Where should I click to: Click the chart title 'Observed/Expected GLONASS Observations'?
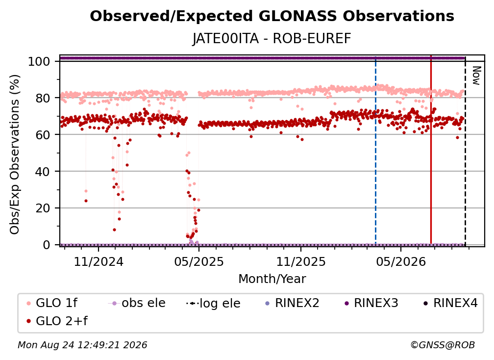[272, 16]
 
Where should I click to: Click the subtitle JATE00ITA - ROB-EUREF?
[272, 39]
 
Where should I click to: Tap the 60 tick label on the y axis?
[43, 134]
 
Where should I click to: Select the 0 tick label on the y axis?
[47, 245]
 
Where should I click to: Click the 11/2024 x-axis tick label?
[99, 261]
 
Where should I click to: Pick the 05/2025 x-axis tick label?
[199, 261]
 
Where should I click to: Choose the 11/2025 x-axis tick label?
[301, 261]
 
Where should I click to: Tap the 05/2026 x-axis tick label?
[401, 261]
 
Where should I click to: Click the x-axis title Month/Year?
[272, 279]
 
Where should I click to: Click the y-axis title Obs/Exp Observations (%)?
[15, 154]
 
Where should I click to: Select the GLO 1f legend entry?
[52, 303]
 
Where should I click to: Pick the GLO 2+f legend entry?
[57, 321]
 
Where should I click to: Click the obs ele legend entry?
[137, 303]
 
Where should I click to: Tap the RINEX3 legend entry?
[371, 303]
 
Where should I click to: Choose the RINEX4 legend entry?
[450, 303]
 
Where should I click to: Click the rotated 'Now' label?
[476, 76]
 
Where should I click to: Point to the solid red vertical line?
[431, 150]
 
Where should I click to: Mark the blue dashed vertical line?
[375, 150]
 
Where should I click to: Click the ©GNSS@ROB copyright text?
[443, 345]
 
